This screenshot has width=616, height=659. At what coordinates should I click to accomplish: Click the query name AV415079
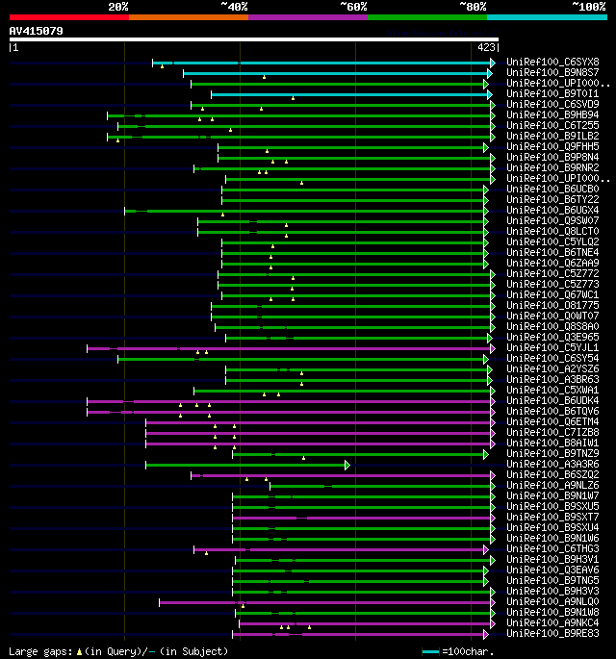click(x=37, y=31)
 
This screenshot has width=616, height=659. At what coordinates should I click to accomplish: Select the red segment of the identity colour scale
click(x=68, y=17)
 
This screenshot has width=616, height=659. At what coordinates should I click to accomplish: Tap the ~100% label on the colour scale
click(x=587, y=7)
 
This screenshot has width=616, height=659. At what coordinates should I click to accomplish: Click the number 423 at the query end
click(x=486, y=46)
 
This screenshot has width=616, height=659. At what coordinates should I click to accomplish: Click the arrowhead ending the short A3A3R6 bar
click(x=347, y=465)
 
